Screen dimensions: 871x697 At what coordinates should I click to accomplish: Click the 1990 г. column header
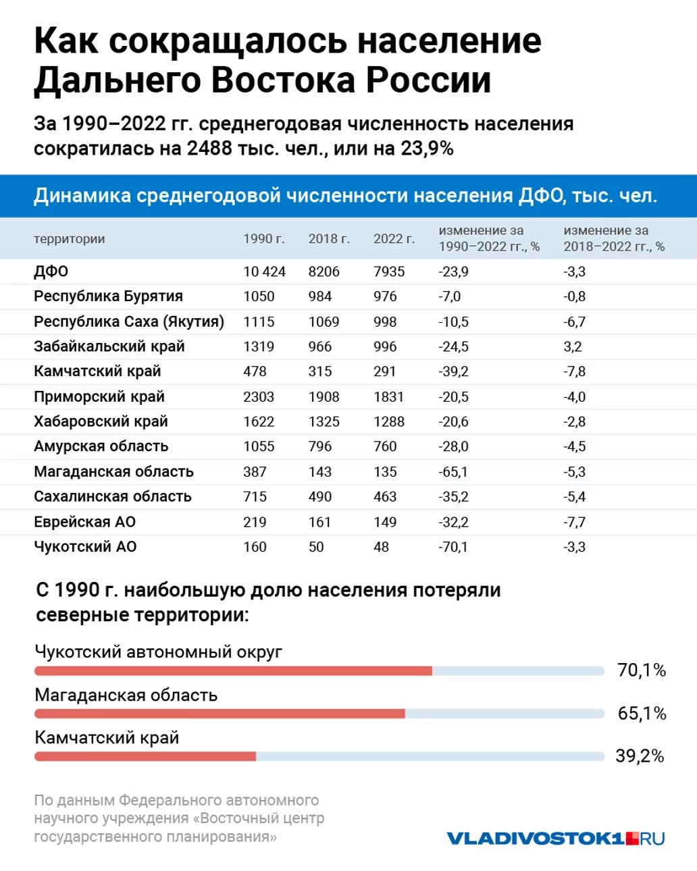tap(264, 239)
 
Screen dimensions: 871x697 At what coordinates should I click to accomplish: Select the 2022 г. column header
tap(394, 239)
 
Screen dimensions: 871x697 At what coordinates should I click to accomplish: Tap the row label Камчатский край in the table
tap(97, 371)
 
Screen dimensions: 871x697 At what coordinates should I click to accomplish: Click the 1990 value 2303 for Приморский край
tap(259, 397)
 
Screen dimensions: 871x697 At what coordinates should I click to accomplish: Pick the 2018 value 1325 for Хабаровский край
tap(324, 422)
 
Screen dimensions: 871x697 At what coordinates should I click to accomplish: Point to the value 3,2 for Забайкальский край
tap(573, 347)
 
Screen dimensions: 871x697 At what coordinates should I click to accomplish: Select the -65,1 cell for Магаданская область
tap(453, 472)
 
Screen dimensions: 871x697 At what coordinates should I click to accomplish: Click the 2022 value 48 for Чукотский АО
tap(381, 547)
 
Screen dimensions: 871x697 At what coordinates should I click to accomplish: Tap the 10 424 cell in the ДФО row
tap(264, 272)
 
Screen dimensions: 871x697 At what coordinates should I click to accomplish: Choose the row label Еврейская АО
tap(84, 522)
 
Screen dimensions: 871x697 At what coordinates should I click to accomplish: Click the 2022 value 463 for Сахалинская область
tap(385, 497)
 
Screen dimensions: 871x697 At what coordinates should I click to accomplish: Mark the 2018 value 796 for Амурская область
tap(320, 447)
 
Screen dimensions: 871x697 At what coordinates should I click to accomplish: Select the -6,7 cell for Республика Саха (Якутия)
tap(575, 322)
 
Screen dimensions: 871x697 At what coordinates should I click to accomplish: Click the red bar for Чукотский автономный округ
tap(233, 671)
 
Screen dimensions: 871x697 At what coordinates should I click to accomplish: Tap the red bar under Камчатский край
tap(145, 757)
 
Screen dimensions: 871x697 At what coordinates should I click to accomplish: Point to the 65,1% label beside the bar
tap(642, 714)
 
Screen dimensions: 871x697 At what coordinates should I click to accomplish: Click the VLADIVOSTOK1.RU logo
tap(555, 839)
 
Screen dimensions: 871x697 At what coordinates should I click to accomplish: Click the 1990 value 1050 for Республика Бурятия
tap(259, 297)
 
